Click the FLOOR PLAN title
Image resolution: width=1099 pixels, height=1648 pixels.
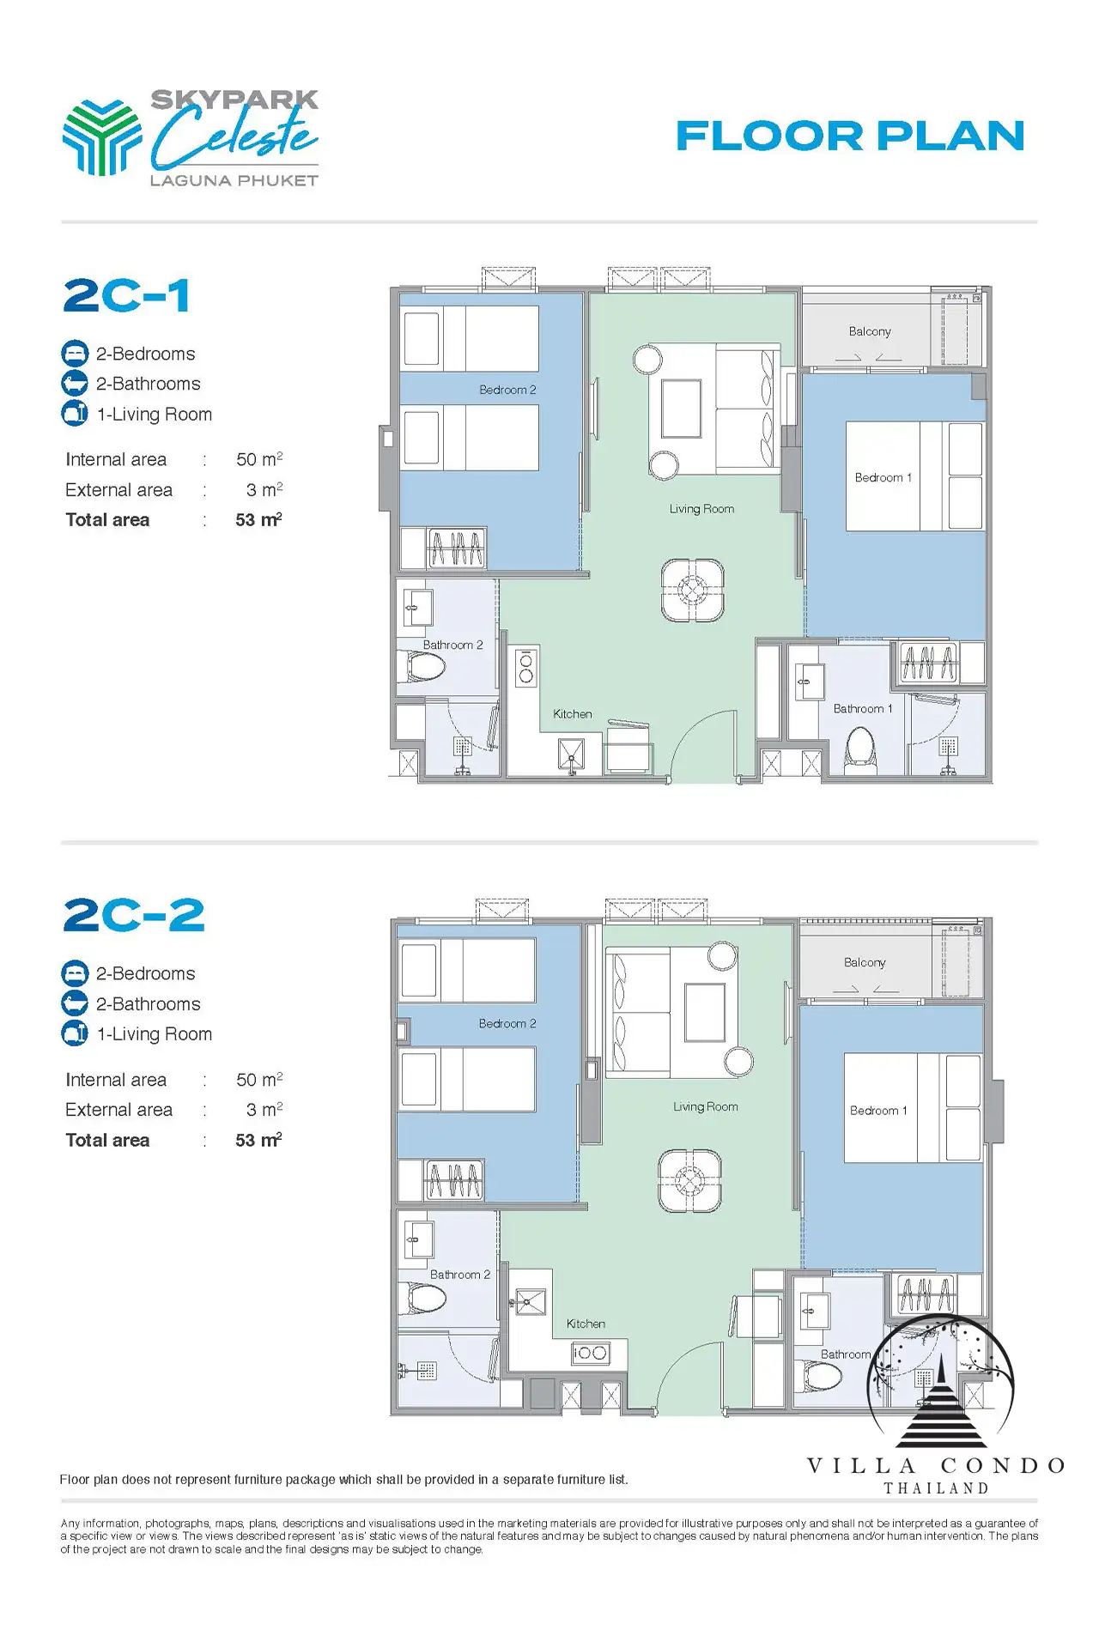click(x=850, y=136)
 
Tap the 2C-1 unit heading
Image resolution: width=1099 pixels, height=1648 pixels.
click(x=126, y=295)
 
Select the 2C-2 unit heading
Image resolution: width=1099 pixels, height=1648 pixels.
click(x=134, y=915)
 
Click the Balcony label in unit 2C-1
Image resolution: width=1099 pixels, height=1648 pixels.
click(x=870, y=331)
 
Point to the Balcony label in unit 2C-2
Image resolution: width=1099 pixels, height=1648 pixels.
click(x=865, y=963)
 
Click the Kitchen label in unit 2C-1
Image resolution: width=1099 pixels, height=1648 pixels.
click(x=573, y=714)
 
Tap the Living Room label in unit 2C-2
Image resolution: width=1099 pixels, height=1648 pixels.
click(x=706, y=1106)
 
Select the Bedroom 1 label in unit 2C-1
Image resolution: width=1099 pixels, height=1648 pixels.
click(x=883, y=477)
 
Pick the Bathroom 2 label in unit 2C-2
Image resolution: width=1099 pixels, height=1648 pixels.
click(x=460, y=1275)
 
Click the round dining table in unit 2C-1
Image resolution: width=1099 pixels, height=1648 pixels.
click(x=692, y=590)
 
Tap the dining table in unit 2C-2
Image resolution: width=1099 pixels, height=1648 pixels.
click(x=689, y=1181)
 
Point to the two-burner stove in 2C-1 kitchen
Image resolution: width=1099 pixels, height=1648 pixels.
click(x=525, y=668)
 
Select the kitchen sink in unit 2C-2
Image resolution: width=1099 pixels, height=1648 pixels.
click(x=530, y=1302)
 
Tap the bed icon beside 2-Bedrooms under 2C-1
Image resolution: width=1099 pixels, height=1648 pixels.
click(x=75, y=354)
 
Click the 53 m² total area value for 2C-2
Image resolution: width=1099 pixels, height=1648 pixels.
click(x=258, y=1140)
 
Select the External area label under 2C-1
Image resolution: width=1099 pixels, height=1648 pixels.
click(x=118, y=490)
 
